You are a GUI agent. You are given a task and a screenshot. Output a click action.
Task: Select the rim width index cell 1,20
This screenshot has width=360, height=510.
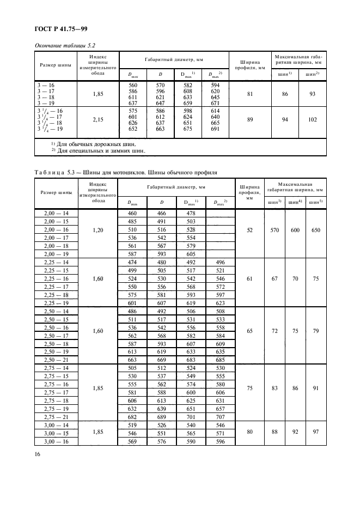(x=97, y=230)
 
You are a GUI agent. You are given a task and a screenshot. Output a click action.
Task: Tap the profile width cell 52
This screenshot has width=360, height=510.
(x=249, y=230)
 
